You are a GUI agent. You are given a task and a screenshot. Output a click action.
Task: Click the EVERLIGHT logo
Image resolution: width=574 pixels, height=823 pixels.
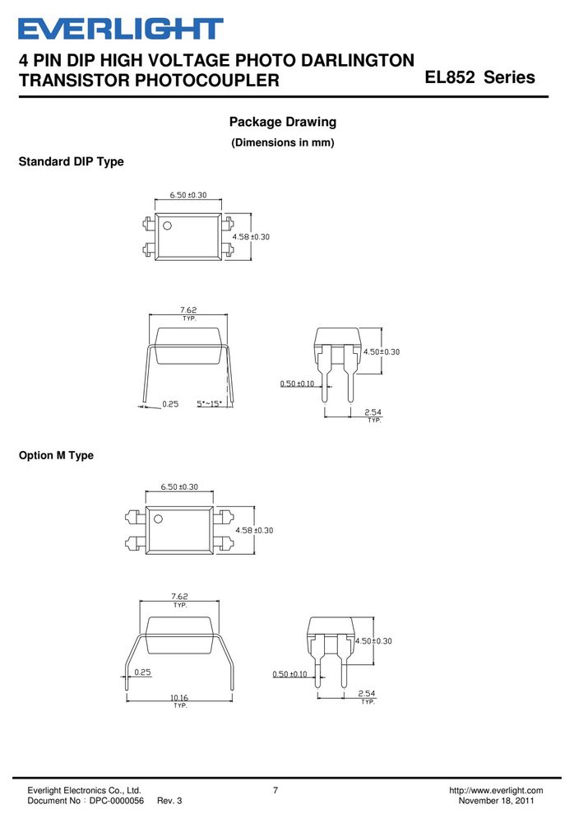pyautogui.click(x=121, y=29)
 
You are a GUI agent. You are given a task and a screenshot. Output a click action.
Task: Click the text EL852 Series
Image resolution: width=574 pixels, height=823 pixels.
pyautogui.click(x=479, y=77)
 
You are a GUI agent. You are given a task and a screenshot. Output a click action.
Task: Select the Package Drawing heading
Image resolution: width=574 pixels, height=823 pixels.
pyautogui.click(x=283, y=122)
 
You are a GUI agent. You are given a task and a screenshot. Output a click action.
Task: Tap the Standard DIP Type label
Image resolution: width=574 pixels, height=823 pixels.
pyautogui.click(x=72, y=161)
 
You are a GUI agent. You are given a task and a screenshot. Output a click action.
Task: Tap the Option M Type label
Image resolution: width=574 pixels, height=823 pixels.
pyautogui.click(x=56, y=455)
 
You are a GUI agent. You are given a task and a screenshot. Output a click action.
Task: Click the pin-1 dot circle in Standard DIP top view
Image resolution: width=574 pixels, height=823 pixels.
pyautogui.click(x=168, y=226)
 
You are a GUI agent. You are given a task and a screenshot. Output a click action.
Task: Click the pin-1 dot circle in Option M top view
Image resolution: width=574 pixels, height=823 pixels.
pyautogui.click(x=158, y=518)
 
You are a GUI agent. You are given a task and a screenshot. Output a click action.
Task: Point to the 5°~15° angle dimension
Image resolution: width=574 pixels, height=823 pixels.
pyautogui.click(x=210, y=403)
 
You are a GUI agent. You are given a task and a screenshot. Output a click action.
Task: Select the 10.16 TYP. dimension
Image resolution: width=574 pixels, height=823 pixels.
pyautogui.click(x=179, y=700)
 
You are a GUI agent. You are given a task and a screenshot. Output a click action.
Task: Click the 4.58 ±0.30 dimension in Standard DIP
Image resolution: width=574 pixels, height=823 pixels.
pyautogui.click(x=251, y=237)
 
